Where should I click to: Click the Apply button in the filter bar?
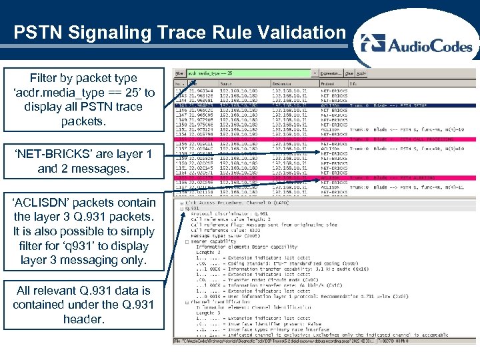click(361, 72)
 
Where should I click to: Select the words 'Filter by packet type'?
click(83, 78)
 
